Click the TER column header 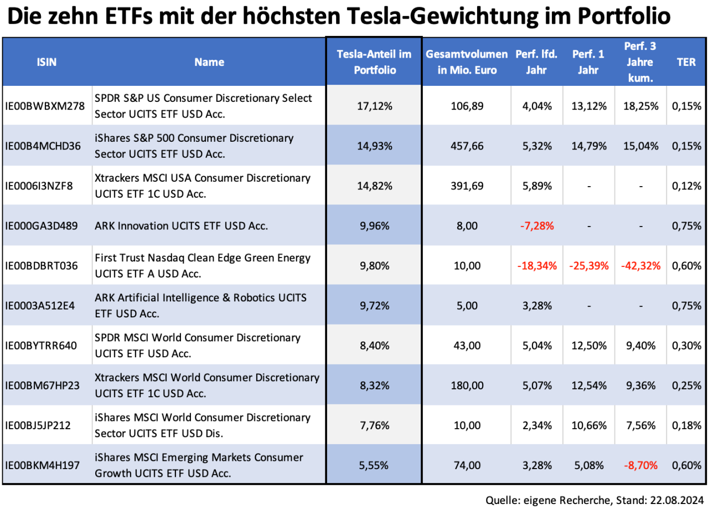[686, 62]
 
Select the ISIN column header [47, 62]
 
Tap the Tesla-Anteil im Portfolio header [375, 62]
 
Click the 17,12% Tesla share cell [375, 106]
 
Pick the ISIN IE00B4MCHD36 [43, 146]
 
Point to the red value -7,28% [536, 225]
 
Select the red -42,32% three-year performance [641, 265]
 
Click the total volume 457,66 [466, 146]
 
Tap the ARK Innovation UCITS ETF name [181, 225]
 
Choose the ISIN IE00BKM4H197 [43, 465]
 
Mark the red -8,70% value [641, 465]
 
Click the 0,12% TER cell [687, 186]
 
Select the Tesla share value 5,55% [375, 465]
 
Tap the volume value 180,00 [466, 385]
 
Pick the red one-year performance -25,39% [589, 265]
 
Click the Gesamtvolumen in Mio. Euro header [466, 62]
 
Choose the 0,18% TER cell [687, 425]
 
